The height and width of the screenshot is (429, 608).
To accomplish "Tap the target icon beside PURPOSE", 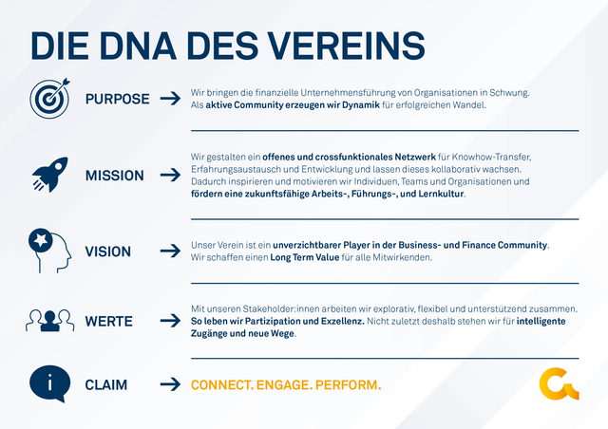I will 48,99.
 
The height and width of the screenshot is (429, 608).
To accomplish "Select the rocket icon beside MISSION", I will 48,175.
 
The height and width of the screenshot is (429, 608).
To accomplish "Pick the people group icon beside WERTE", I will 49,321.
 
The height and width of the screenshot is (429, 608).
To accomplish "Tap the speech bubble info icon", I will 49,384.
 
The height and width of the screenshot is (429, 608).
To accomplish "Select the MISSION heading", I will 115,176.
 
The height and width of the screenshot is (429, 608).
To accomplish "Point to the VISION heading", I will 108,252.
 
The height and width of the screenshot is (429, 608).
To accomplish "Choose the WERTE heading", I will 109,321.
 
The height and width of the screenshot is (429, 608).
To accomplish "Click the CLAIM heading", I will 106,385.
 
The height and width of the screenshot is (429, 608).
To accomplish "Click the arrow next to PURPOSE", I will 170,99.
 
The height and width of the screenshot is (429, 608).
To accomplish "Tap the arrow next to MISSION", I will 170,176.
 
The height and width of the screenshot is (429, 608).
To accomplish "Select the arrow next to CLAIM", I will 170,385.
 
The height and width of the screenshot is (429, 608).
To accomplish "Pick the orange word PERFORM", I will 347,385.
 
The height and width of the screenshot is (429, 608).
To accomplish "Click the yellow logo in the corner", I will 558,384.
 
